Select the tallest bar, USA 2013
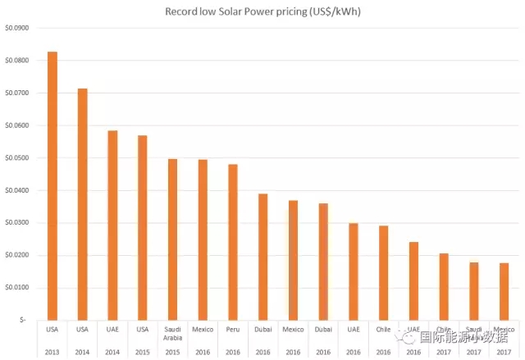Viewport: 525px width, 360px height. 52,185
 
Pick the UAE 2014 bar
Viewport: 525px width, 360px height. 112,225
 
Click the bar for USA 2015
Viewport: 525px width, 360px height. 143,227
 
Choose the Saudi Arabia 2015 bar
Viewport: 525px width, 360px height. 172,239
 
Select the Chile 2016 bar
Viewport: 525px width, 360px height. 383,272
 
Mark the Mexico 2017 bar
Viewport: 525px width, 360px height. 504,291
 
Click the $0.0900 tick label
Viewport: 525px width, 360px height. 16,28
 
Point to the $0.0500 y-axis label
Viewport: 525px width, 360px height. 16,158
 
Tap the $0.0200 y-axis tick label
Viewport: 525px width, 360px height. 16,255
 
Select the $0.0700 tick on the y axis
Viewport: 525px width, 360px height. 16,93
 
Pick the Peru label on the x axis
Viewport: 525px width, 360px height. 233,329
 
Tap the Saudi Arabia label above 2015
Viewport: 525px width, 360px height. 172,333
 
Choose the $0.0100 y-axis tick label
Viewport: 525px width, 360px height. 16,288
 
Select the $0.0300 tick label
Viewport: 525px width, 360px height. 16,223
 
